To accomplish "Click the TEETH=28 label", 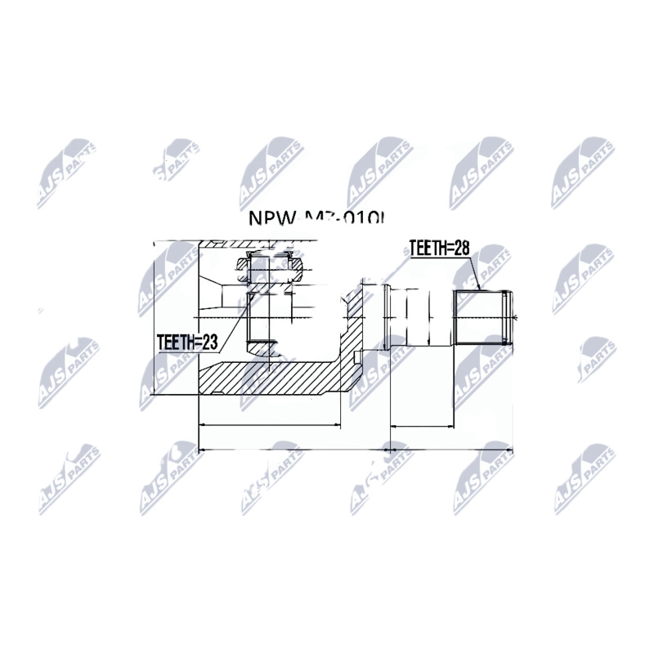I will click(438, 249).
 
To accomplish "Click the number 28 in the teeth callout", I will click(461, 249).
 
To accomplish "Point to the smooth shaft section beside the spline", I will click(417, 316).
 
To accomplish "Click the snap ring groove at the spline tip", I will click(511, 318).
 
